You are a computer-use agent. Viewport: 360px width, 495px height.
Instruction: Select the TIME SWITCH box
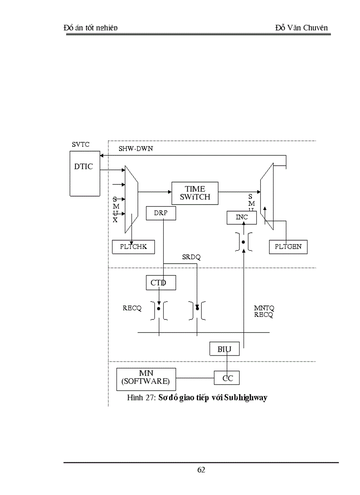click(195, 193)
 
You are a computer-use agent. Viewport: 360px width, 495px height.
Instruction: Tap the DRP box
click(161, 213)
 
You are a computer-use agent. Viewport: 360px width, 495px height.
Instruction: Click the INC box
click(241, 217)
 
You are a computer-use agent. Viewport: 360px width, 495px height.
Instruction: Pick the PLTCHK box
click(133, 247)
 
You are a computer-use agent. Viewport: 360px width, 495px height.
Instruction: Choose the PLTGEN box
click(288, 247)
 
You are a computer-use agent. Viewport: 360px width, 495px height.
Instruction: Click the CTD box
click(161, 283)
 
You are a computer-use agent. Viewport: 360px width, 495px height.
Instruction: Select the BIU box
click(224, 349)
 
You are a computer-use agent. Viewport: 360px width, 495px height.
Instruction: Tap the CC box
click(227, 378)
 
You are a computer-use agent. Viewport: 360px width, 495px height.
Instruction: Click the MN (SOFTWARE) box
click(146, 378)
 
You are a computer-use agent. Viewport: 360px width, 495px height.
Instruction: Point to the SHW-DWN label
click(135, 149)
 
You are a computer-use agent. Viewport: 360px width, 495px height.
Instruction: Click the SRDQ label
click(191, 257)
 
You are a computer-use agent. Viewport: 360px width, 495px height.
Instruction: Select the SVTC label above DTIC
click(81, 145)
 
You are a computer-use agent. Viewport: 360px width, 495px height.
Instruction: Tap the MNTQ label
click(264, 308)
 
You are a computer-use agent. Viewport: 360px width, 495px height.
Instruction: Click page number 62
click(201, 470)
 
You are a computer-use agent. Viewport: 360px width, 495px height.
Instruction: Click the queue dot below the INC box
click(243, 242)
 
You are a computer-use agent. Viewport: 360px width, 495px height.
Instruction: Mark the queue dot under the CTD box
click(159, 309)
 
